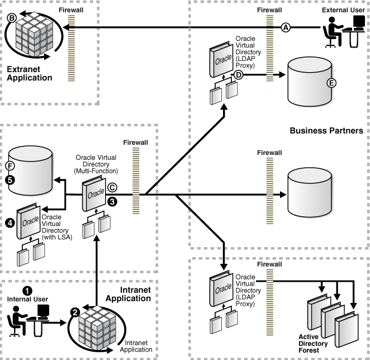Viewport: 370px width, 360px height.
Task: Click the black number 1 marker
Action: (27, 290)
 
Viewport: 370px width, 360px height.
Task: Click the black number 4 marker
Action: (10, 222)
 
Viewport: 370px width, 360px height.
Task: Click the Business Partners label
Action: (326, 130)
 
